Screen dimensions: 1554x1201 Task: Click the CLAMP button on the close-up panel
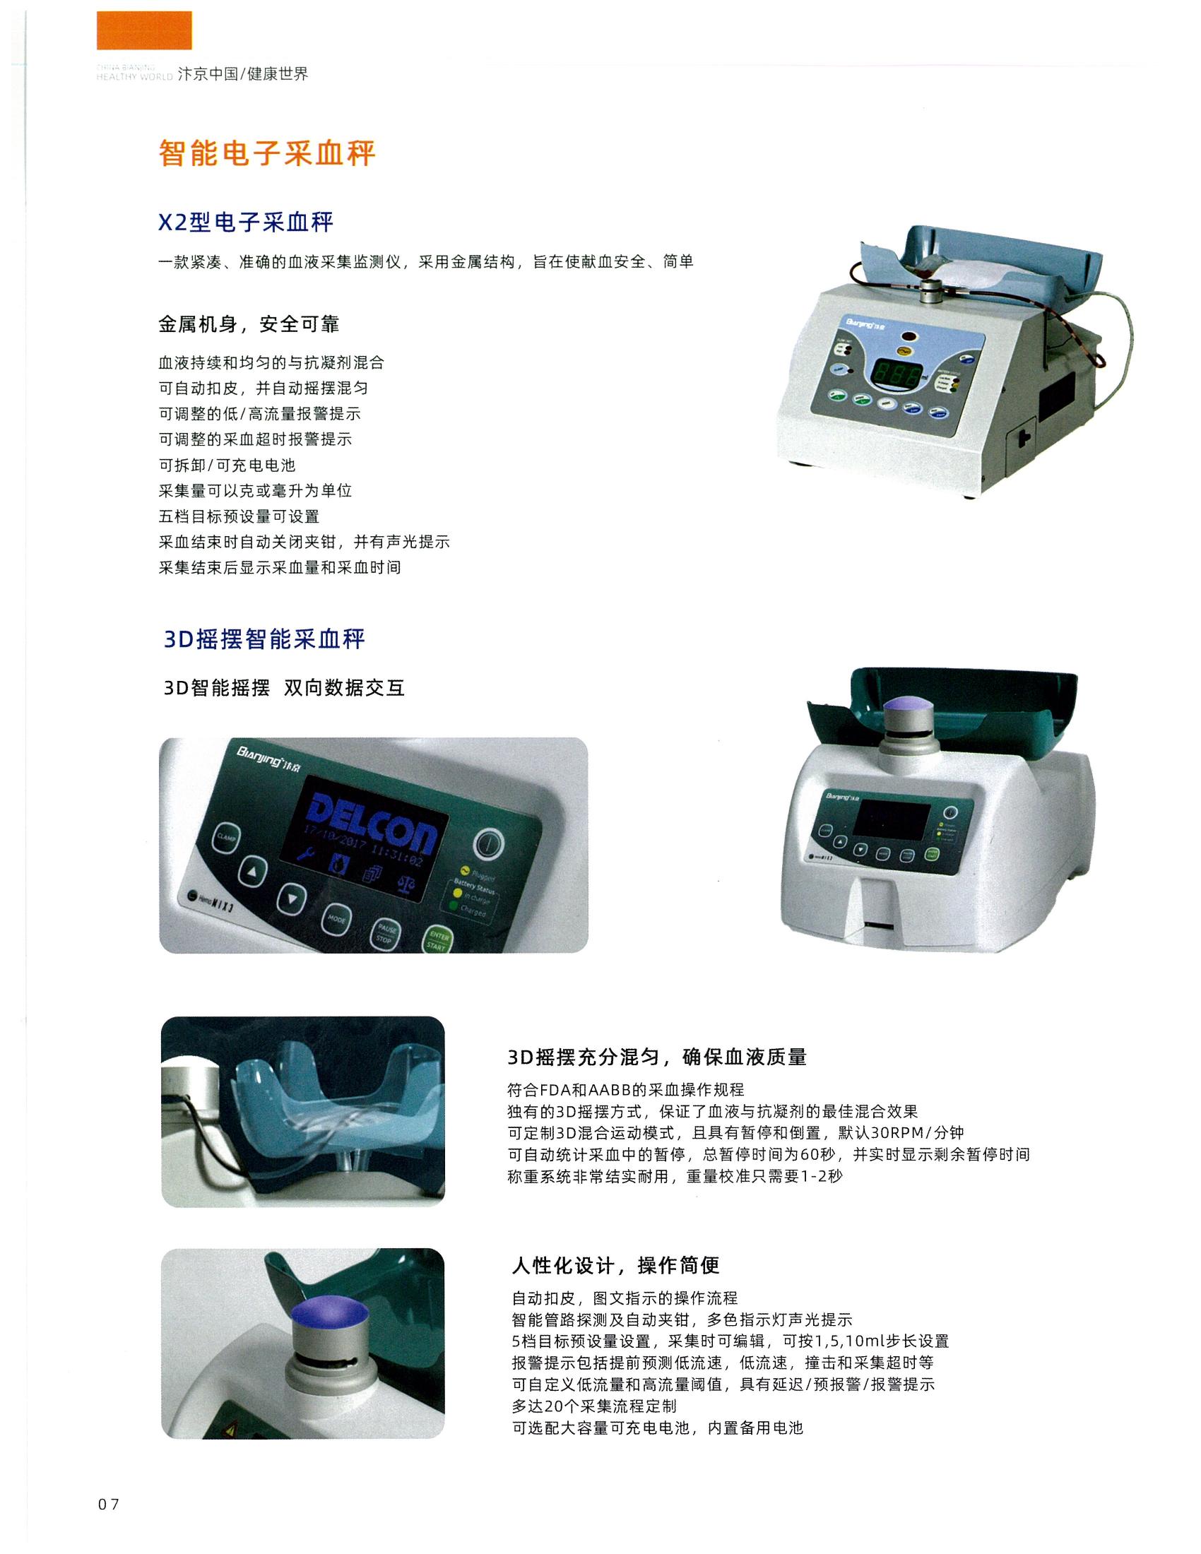click(226, 838)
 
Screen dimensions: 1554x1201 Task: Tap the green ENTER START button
click(436, 942)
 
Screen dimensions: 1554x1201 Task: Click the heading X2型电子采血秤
click(245, 223)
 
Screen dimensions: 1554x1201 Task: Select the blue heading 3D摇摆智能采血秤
click(264, 639)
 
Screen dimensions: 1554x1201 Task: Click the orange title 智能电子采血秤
click(267, 153)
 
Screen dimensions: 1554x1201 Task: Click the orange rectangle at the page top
click(143, 30)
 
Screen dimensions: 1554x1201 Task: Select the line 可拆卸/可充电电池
click(226, 465)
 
